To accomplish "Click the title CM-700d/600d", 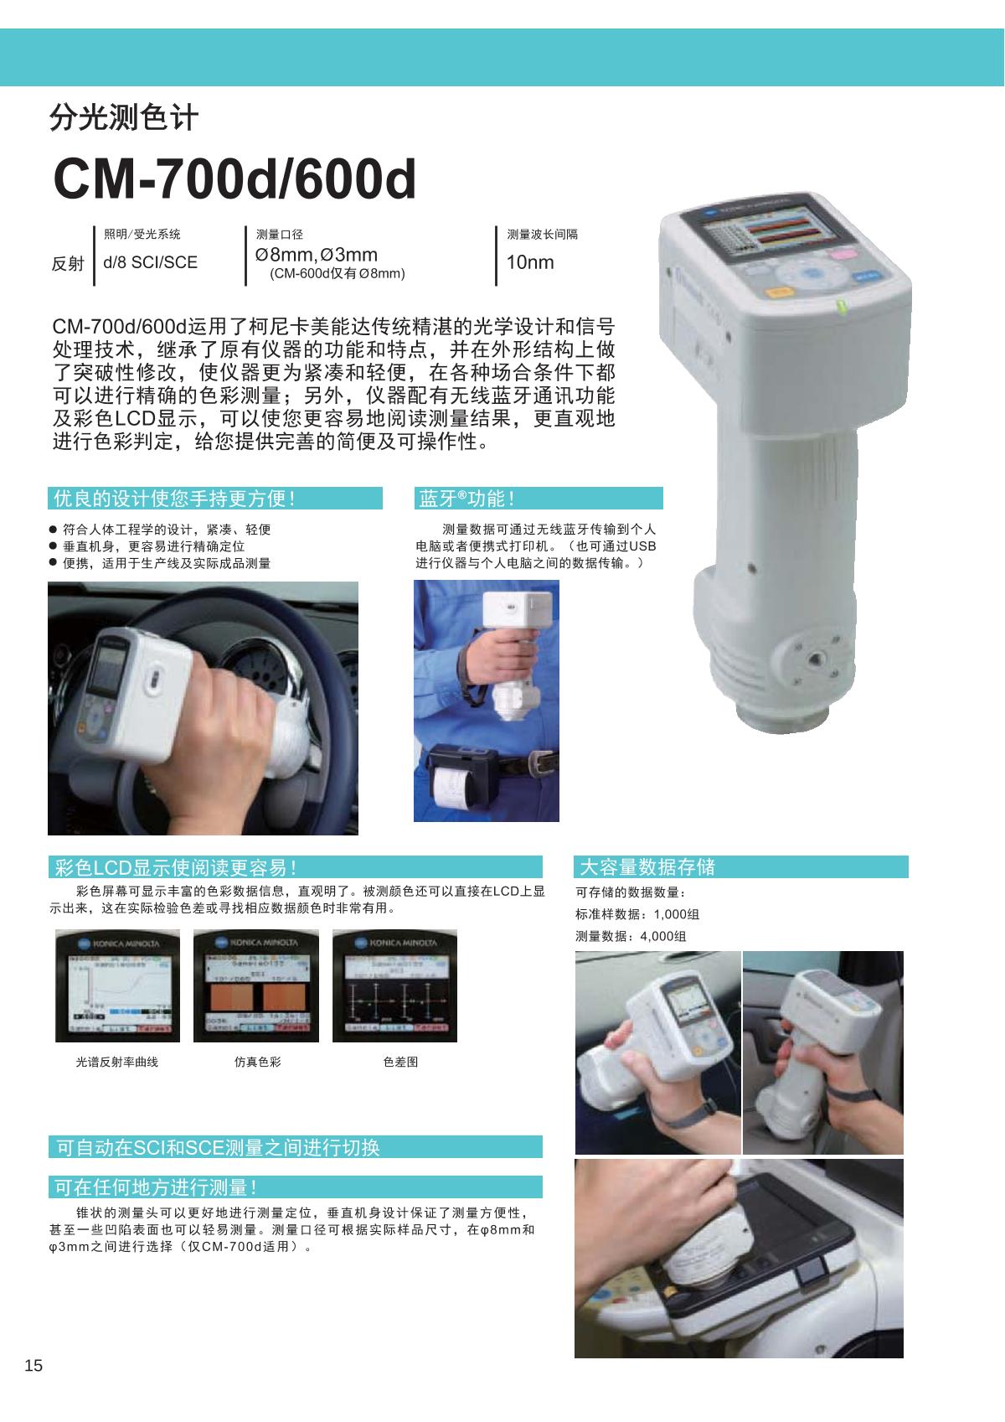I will [234, 178].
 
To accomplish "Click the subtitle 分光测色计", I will [123, 118].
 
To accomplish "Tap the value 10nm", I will [530, 262].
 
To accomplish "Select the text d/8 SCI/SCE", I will [151, 262].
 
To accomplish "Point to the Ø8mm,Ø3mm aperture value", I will [317, 255].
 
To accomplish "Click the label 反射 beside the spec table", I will [68, 263].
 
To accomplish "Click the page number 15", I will [33, 1365].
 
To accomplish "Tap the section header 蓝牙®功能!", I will [466, 499].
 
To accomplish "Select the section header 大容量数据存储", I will [647, 866].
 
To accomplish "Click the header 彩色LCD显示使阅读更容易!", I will [175, 867].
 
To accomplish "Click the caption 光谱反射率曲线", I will [116, 1062].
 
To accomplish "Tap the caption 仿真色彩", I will [258, 1062].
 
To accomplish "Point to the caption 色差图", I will [400, 1062].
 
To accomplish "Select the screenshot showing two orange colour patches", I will [256, 986].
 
